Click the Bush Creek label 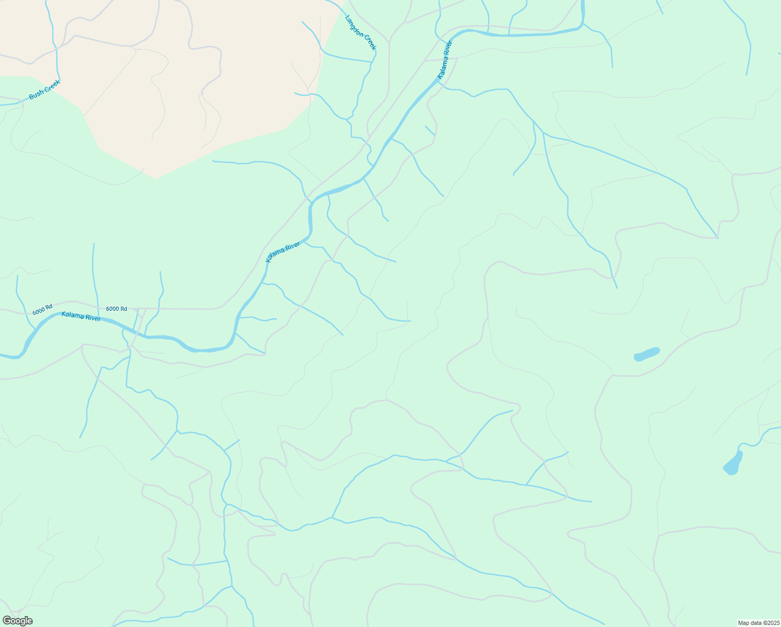(44, 89)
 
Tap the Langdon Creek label (361, 32)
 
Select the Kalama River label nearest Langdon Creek (445, 60)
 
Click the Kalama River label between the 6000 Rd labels (81, 316)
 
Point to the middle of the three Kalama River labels (283, 252)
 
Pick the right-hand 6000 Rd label (116, 309)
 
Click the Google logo (18, 621)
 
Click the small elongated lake (646, 354)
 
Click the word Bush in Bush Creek (37, 94)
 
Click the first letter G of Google (7, 621)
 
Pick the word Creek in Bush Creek (52, 86)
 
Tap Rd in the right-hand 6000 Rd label (123, 309)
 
